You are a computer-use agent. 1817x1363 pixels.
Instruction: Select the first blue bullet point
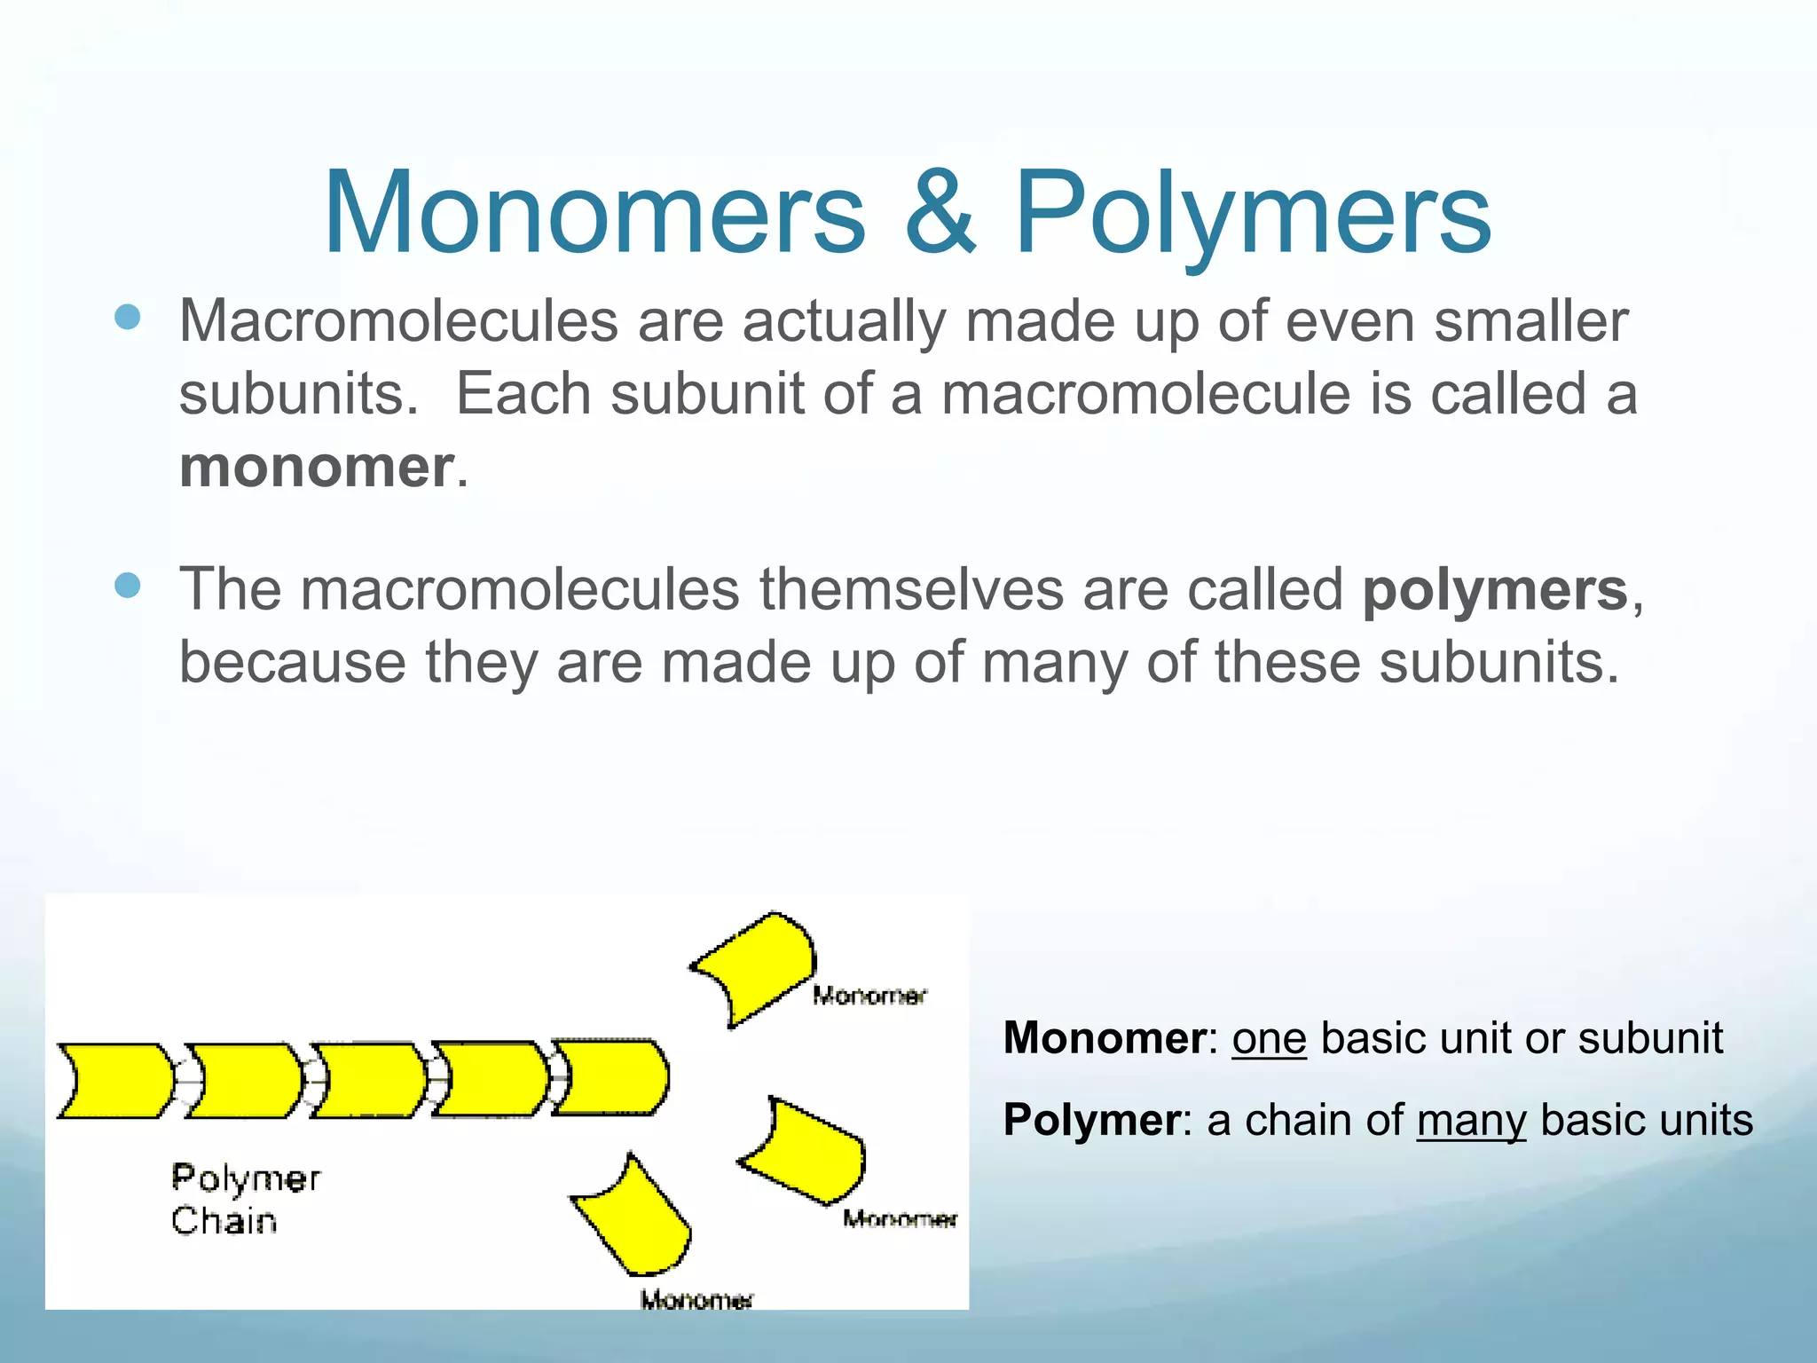[128, 317]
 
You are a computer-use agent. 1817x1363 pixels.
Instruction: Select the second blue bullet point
[128, 586]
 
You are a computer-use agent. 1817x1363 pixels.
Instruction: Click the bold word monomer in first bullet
[317, 467]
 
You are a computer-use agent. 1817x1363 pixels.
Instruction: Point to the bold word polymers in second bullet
[1495, 589]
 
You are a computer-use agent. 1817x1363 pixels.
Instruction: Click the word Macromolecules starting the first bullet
[398, 320]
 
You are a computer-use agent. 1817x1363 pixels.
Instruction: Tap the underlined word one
[1269, 1038]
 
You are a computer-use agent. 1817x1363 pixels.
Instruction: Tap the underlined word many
[1471, 1120]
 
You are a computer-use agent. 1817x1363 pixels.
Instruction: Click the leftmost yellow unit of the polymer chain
[115, 1080]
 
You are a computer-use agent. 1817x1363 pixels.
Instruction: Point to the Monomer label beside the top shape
[869, 996]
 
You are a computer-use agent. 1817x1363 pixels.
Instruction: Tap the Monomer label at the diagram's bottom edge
[696, 1300]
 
